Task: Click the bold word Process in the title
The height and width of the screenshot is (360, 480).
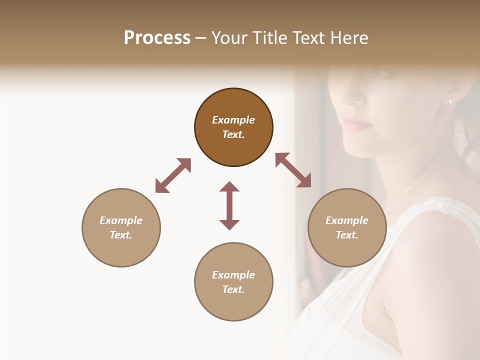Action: (x=157, y=37)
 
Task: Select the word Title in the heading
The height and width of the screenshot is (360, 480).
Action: (x=269, y=37)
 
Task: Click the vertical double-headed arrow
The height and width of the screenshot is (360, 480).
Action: (x=229, y=205)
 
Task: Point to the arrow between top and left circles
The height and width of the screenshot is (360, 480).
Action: (x=173, y=175)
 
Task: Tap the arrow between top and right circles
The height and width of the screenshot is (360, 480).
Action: (x=293, y=170)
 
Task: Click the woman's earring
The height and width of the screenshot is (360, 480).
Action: (x=449, y=101)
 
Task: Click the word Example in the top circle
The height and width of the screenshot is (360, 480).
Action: (x=233, y=120)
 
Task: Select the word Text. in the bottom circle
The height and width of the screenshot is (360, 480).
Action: (x=233, y=289)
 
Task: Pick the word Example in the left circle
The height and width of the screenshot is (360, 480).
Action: (x=121, y=220)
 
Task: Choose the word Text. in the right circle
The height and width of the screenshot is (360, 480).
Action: (x=347, y=235)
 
